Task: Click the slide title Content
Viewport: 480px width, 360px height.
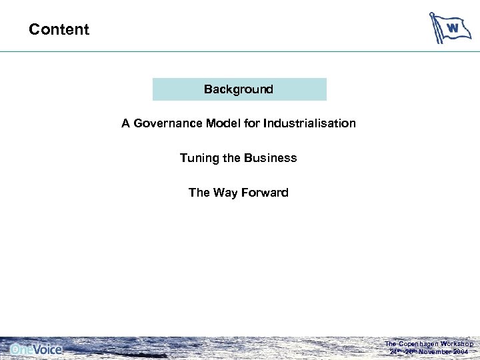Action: (59, 29)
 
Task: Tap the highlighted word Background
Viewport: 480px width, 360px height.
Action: (239, 89)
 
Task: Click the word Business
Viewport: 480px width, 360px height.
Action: (270, 158)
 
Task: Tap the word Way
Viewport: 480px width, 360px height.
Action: (225, 193)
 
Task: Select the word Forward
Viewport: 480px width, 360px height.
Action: (265, 193)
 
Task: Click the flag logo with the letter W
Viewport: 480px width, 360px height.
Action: (449, 28)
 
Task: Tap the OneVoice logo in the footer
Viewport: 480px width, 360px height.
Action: (36, 349)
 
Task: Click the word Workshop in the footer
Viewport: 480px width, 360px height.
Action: (456, 344)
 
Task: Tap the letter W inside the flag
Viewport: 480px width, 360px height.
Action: (453, 27)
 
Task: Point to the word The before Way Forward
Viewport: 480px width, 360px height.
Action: (199, 193)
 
